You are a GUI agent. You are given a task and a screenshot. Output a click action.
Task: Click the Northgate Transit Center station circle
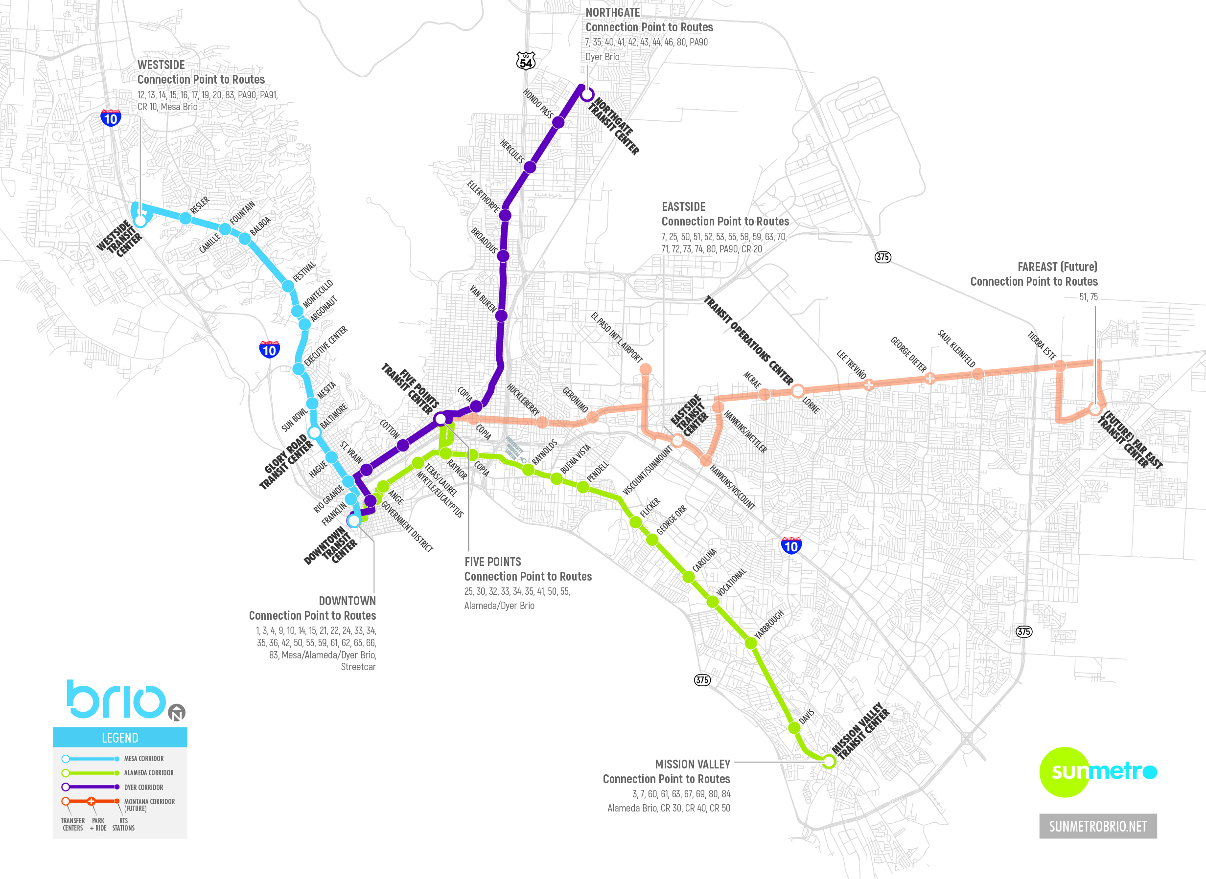tap(587, 95)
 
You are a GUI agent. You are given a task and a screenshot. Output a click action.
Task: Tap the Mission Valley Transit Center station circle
tap(829, 762)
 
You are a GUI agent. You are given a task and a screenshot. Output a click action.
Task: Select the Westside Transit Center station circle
tap(140, 220)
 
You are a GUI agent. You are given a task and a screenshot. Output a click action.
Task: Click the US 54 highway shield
tap(526, 61)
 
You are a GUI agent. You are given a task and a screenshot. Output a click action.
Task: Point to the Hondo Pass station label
tap(538, 103)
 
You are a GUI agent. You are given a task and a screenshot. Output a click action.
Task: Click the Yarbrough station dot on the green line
tap(751, 643)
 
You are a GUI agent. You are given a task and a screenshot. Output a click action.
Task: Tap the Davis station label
tap(807, 717)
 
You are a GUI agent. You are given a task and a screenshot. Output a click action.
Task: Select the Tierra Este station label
tap(1042, 346)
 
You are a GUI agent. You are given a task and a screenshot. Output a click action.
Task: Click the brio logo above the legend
tap(117, 699)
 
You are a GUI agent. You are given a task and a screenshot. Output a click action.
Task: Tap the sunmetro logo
tap(1098, 771)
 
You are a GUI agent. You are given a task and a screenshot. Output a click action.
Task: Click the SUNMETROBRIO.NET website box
tap(1098, 826)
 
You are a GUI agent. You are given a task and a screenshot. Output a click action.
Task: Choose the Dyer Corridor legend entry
tap(144, 788)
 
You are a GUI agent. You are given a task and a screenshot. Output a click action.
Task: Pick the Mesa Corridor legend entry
tap(144, 759)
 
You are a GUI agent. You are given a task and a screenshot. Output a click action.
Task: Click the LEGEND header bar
tap(120, 738)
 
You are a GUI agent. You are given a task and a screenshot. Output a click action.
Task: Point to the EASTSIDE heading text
tap(683, 207)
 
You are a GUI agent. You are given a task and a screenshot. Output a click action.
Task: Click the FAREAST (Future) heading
tap(1057, 267)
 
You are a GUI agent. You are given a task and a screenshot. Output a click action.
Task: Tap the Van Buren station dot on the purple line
tap(501, 316)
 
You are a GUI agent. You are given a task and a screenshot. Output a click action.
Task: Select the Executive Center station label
tap(326, 346)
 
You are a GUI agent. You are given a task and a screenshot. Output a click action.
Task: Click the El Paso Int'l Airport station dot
tap(645, 369)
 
